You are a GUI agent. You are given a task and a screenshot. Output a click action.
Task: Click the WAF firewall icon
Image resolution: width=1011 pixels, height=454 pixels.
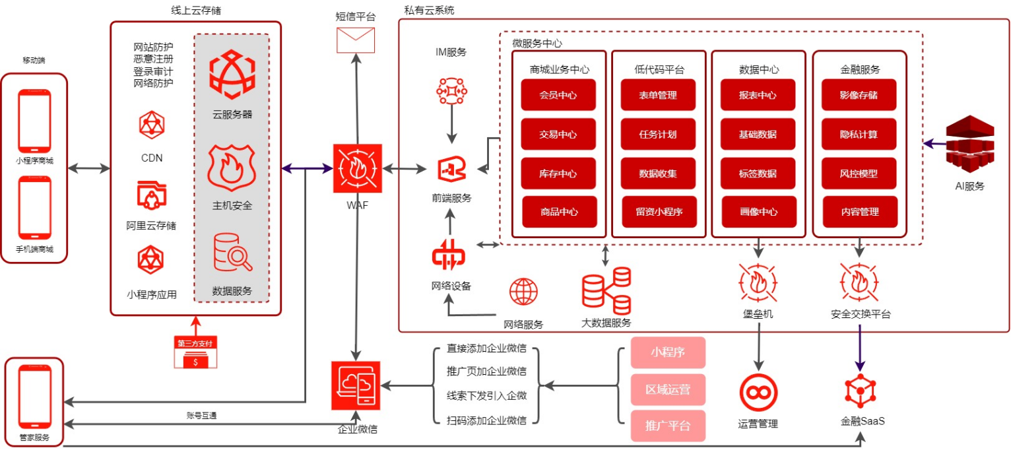coord(357,168)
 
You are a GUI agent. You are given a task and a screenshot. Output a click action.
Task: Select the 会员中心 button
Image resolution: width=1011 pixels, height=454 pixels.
coord(558,95)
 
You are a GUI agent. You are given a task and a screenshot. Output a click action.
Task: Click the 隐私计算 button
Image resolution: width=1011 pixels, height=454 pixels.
coord(859,134)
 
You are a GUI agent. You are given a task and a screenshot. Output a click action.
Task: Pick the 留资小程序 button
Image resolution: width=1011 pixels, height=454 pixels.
coord(659,212)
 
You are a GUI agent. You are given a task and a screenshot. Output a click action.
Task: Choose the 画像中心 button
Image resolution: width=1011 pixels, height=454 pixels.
coord(759,212)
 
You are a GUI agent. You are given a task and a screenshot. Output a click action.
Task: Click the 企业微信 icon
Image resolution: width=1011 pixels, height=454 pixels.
coord(356,385)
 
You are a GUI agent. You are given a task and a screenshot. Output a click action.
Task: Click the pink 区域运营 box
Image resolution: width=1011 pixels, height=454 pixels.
coord(668,389)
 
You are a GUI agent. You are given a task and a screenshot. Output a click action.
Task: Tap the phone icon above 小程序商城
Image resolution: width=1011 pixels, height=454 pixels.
coord(34,120)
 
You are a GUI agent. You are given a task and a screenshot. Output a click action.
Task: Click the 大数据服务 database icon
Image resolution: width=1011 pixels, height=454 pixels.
coord(606,291)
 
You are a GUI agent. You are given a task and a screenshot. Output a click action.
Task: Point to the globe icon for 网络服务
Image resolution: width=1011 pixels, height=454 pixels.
coord(523,292)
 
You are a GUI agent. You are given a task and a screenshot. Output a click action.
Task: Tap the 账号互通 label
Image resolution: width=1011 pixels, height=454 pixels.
coord(202,416)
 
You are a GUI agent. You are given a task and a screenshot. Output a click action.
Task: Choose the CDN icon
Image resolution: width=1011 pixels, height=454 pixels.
coord(152,125)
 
